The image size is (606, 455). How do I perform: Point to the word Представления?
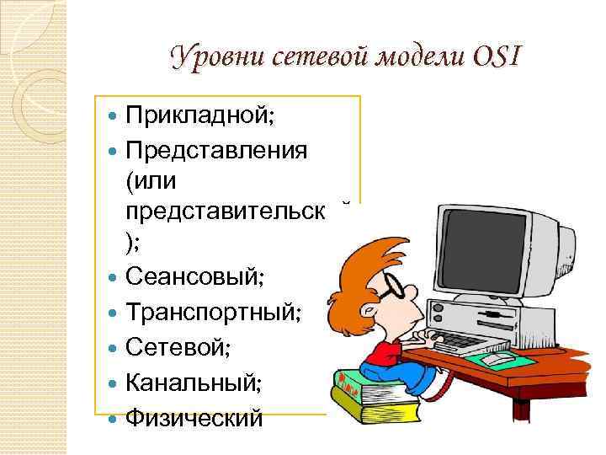216,150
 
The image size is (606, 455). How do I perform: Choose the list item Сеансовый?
197,275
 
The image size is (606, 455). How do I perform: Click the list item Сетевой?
177,346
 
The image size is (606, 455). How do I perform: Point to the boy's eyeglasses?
392,290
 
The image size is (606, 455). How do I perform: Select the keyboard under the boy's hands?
459,340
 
